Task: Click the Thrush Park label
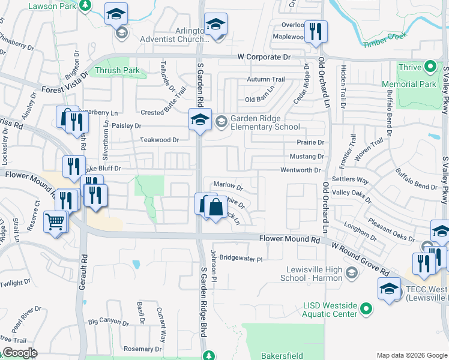point(117,71)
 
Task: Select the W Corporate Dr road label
point(264,57)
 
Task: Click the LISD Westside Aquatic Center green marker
point(364,310)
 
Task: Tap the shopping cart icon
point(55,223)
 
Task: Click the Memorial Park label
point(417,84)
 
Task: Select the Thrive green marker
point(430,67)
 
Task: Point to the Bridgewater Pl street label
point(241,259)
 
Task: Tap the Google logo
point(19,353)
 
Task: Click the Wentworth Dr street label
point(300,170)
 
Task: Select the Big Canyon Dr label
point(108,322)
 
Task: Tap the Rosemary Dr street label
point(142,349)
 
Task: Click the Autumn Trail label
point(265,79)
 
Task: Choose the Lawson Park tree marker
point(85,5)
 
